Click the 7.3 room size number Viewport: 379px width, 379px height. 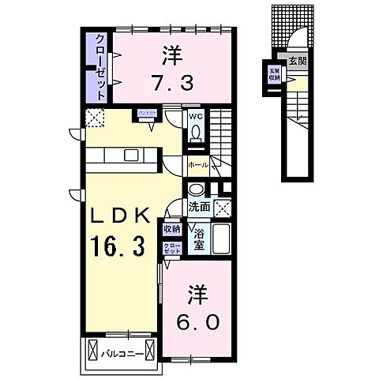pyautogui.click(x=171, y=80)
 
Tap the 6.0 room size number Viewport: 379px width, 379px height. pyautogui.click(x=200, y=321)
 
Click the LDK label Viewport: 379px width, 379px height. pyautogui.click(x=119, y=216)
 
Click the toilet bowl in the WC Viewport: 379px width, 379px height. pyautogui.click(x=196, y=137)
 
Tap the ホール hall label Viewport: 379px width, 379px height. pyautogui.click(x=198, y=165)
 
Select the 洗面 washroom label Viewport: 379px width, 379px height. pyautogui.click(x=199, y=207)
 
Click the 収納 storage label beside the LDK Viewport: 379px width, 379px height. pyautogui.click(x=171, y=229)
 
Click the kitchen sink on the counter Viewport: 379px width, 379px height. pyautogui.click(x=130, y=154)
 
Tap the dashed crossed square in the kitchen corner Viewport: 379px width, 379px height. pyautogui.click(x=96, y=119)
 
